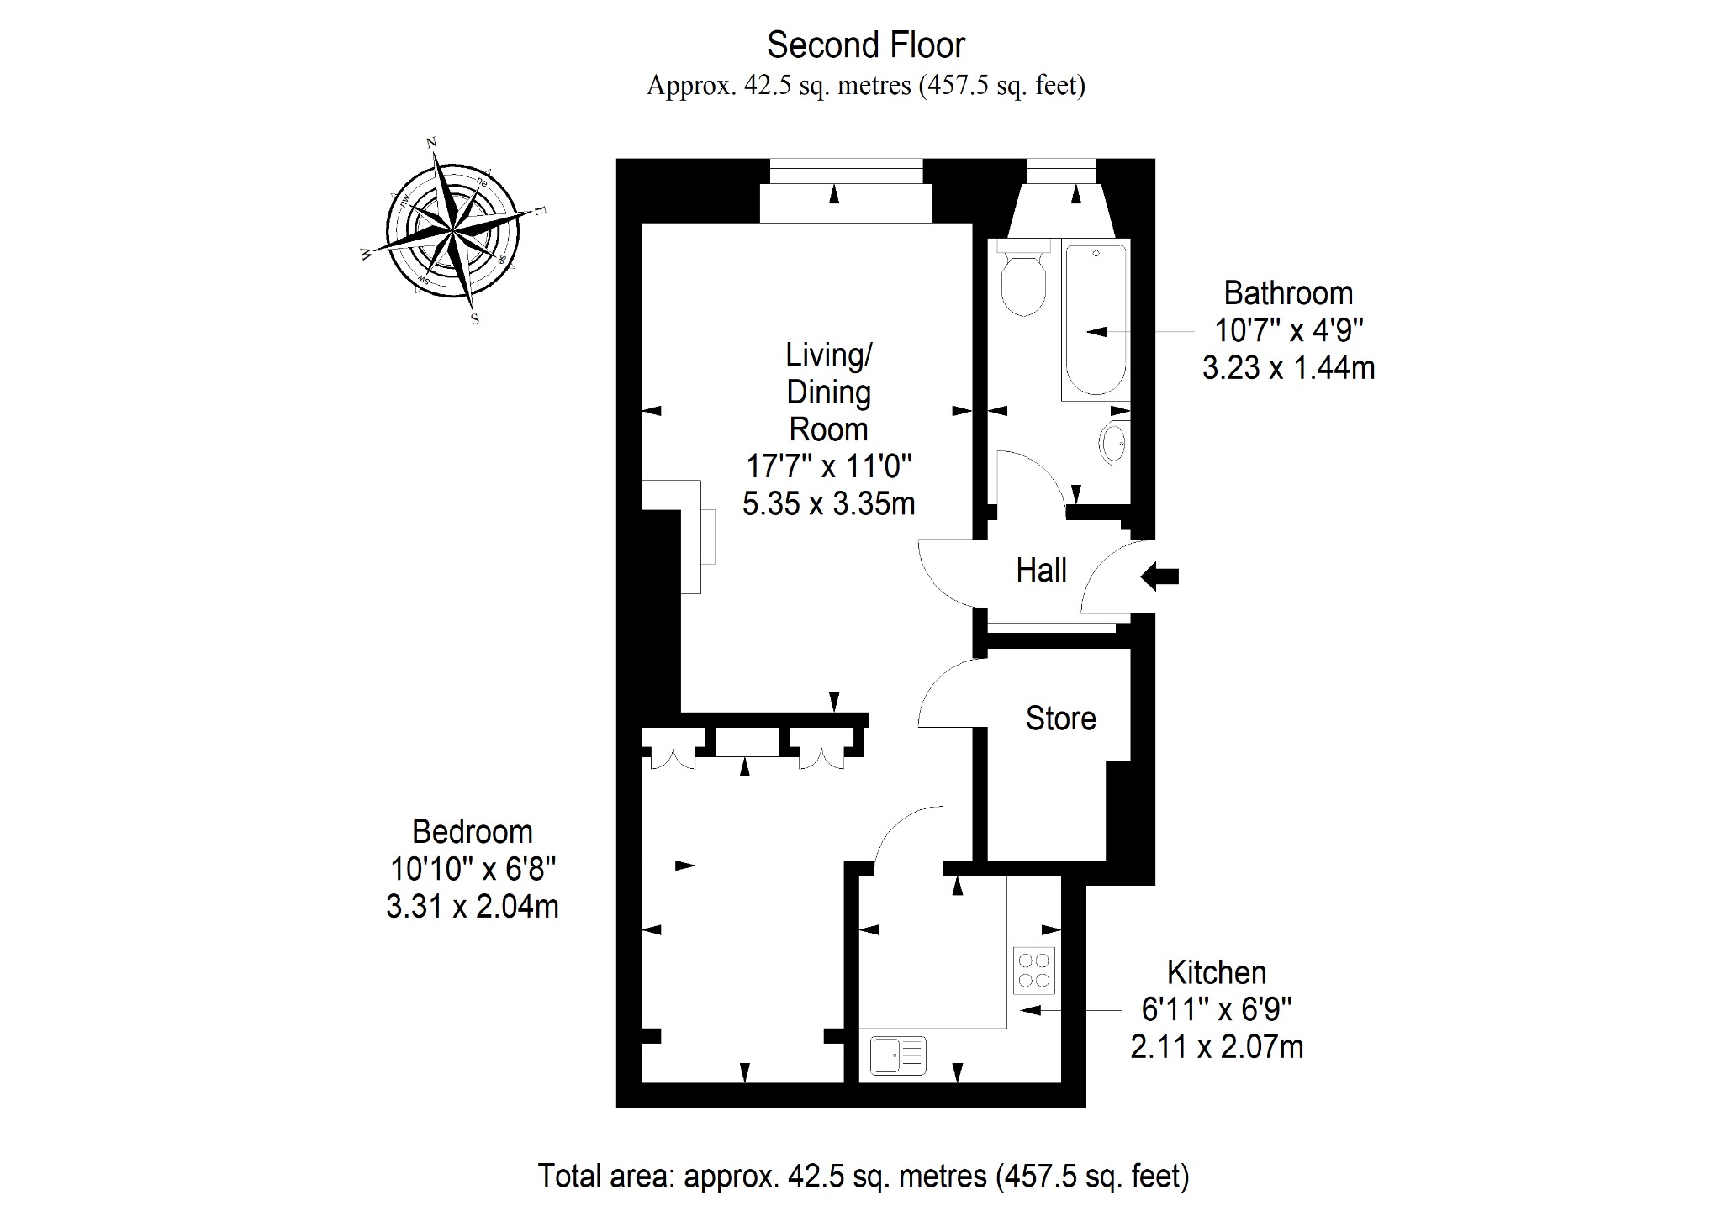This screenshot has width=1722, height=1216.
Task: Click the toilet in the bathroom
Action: tap(1023, 277)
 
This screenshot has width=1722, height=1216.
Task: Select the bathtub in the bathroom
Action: tap(1095, 320)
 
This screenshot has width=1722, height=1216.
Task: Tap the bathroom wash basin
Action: tap(1115, 442)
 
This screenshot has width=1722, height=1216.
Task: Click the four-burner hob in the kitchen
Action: tap(1034, 971)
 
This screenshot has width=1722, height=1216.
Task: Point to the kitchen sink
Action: tap(899, 1055)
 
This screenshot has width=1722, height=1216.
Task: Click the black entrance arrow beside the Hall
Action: tap(1159, 576)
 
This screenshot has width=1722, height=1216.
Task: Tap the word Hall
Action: tap(1041, 571)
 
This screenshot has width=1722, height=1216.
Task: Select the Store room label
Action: tap(1061, 719)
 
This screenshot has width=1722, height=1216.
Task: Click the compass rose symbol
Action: tap(452, 231)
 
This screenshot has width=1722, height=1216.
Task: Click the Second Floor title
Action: tap(866, 45)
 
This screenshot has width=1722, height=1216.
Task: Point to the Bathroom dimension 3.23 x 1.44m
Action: tap(1288, 368)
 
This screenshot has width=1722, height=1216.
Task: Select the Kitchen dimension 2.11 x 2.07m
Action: tap(1217, 1047)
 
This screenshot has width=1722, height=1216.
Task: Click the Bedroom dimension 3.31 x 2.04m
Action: tap(473, 907)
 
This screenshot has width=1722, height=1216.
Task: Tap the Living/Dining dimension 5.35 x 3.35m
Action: tap(829, 503)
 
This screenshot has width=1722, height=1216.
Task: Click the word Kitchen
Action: tap(1217, 972)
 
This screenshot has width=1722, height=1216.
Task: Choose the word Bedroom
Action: tap(473, 832)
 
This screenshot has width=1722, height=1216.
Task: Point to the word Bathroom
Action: tap(1288, 293)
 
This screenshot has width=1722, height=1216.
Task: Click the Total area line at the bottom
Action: tap(864, 1176)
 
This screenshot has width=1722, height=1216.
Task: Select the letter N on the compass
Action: tap(432, 144)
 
